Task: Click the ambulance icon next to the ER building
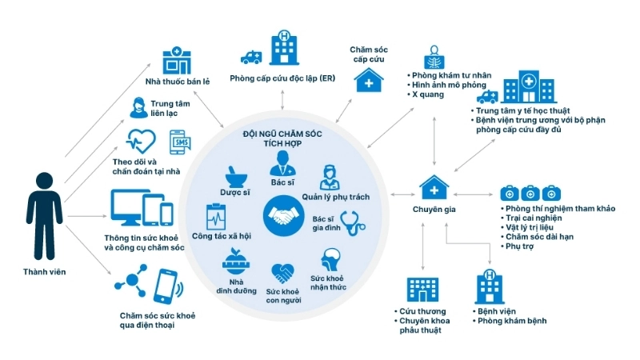(x=250, y=58)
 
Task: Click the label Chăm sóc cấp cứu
(x=368, y=55)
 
